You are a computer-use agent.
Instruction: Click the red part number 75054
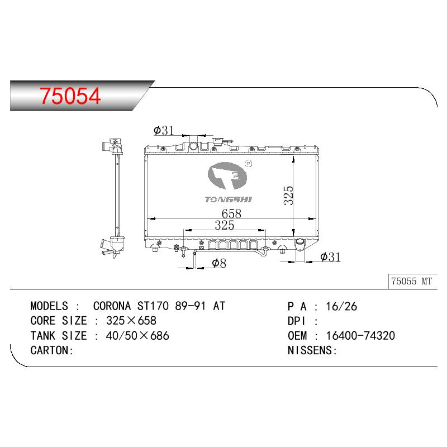[x=70, y=96]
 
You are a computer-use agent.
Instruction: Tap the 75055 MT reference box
[x=412, y=282]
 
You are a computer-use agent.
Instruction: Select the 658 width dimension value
[x=231, y=213]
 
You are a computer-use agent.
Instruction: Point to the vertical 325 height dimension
[x=288, y=195]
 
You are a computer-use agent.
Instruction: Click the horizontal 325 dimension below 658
[x=225, y=225]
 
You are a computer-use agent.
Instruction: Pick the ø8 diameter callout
[x=219, y=263]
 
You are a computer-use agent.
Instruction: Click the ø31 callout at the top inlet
[x=164, y=131]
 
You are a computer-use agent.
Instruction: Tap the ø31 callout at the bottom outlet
[x=330, y=257]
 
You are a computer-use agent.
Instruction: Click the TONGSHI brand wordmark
[x=229, y=199]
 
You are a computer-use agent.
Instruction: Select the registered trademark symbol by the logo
[x=249, y=164]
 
